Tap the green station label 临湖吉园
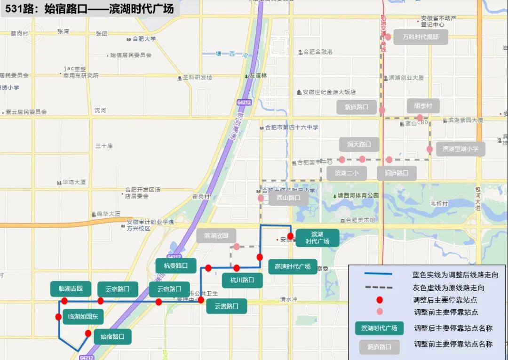click(71, 289)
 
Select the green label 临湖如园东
click(83, 317)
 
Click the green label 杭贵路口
click(176, 265)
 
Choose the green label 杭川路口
click(242, 280)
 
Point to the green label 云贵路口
click(227, 306)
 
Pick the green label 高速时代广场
click(293, 267)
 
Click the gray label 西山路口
click(288, 198)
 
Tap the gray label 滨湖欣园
click(216, 235)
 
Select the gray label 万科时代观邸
click(420, 37)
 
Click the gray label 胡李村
click(423, 106)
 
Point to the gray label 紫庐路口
click(357, 107)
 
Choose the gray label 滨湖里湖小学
click(460, 149)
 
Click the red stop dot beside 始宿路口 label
click(88, 334)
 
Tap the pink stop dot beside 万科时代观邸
click(388, 37)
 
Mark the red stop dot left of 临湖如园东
click(58, 317)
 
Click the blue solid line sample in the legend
click(378, 274)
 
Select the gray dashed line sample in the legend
click(378, 287)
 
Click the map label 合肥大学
click(144, 39)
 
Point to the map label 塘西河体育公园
click(358, 195)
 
